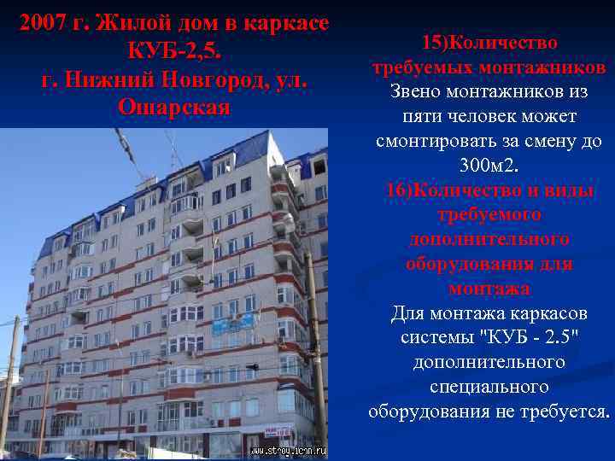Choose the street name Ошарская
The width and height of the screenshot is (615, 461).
[x=174, y=108]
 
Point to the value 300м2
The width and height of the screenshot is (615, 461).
[x=489, y=165]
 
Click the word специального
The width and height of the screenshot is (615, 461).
[x=489, y=387]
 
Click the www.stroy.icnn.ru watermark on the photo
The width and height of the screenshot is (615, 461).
[x=289, y=450]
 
